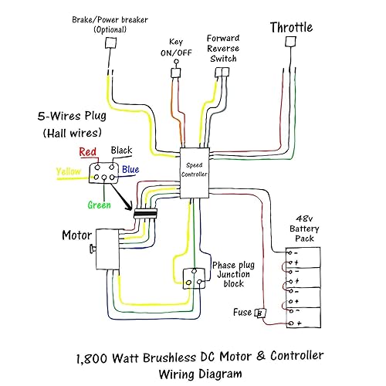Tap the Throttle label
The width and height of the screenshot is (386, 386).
(x=291, y=28)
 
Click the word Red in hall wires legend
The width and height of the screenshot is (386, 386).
(x=88, y=151)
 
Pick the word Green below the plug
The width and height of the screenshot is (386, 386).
(x=97, y=205)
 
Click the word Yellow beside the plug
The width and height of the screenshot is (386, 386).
(x=68, y=171)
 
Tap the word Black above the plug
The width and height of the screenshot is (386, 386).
(x=122, y=150)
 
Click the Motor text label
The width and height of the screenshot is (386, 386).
(x=78, y=233)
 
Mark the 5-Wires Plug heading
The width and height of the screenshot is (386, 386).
(x=76, y=119)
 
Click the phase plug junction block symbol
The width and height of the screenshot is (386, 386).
(x=193, y=278)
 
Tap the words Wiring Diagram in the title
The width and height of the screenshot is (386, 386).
(x=200, y=374)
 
